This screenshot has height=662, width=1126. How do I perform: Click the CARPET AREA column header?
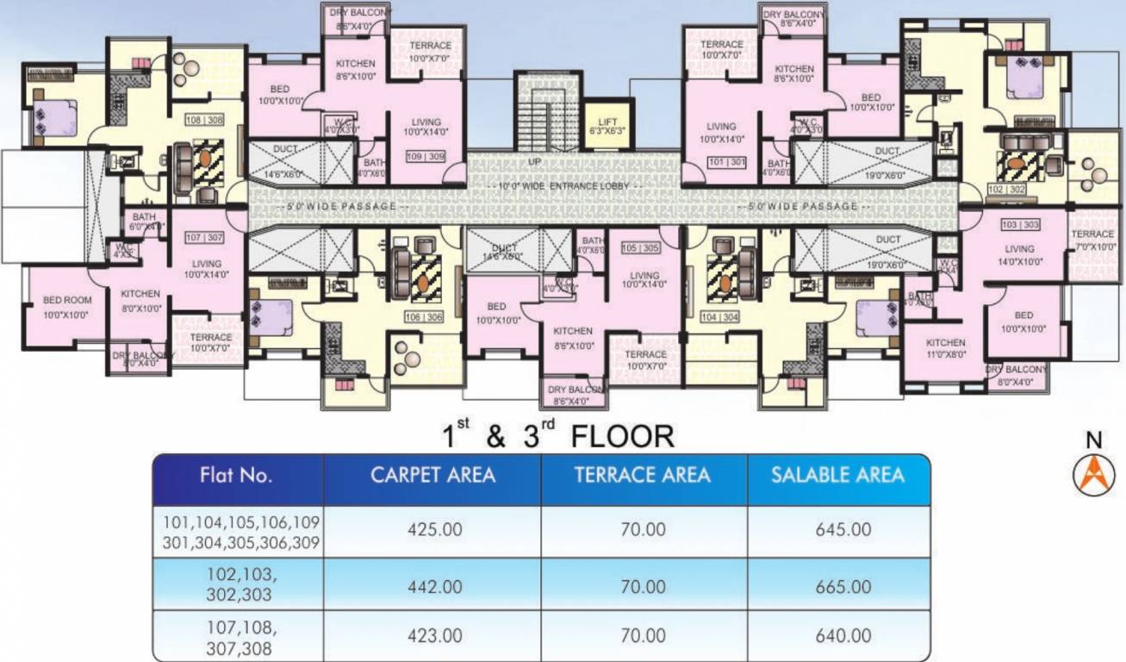pos(432,475)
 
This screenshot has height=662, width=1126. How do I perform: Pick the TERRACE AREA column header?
pos(643,475)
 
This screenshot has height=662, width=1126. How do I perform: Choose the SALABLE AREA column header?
pos(837,475)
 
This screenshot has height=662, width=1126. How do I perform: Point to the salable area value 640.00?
pos(843,636)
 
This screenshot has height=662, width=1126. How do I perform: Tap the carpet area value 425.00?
pos(434,529)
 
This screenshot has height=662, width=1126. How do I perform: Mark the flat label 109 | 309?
pos(426,156)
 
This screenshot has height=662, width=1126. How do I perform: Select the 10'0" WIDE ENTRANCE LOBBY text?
pos(565,187)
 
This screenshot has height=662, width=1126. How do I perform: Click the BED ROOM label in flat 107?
pos(66,306)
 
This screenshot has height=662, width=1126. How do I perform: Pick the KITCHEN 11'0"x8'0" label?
pos(946,347)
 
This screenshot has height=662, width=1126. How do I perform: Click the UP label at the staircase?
pos(534,161)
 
